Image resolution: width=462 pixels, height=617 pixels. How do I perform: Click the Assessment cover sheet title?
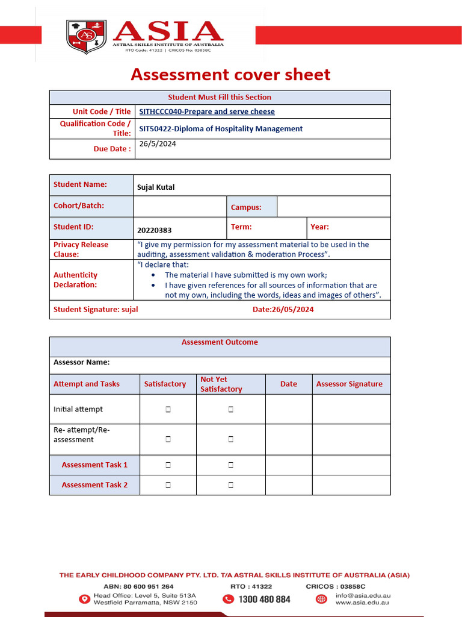pos(230,75)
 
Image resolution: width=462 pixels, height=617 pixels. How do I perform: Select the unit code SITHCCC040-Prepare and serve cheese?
pos(207,111)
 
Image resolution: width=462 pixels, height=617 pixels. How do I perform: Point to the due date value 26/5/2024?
pos(158,144)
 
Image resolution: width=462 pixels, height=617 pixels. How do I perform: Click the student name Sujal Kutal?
pos(156,187)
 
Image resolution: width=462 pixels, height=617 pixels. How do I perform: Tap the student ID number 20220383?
pos(155,230)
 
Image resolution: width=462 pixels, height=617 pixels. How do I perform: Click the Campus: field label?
pos(246,207)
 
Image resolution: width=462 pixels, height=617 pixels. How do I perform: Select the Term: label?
pos(241,227)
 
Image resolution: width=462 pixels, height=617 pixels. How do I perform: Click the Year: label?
pos(319,227)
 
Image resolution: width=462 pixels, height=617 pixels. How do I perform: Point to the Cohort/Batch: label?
pos(79,205)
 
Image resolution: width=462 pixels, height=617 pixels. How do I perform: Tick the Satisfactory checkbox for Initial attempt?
pos(168,410)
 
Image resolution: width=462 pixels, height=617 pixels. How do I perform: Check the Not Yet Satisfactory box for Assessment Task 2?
pos(230,485)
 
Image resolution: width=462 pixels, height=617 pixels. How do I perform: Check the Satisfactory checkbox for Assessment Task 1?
pos(168,465)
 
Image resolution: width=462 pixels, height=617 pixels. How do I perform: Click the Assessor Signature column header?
pos(349,384)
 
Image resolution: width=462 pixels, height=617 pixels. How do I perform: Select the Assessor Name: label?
pos(82,363)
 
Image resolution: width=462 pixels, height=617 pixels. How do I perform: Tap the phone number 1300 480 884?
pos(264,599)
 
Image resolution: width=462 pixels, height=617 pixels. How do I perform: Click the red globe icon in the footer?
pos(321,599)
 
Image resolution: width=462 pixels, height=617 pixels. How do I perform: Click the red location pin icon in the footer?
pos(84,599)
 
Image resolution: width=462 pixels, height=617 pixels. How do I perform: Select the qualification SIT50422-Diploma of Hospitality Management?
pos(221,129)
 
